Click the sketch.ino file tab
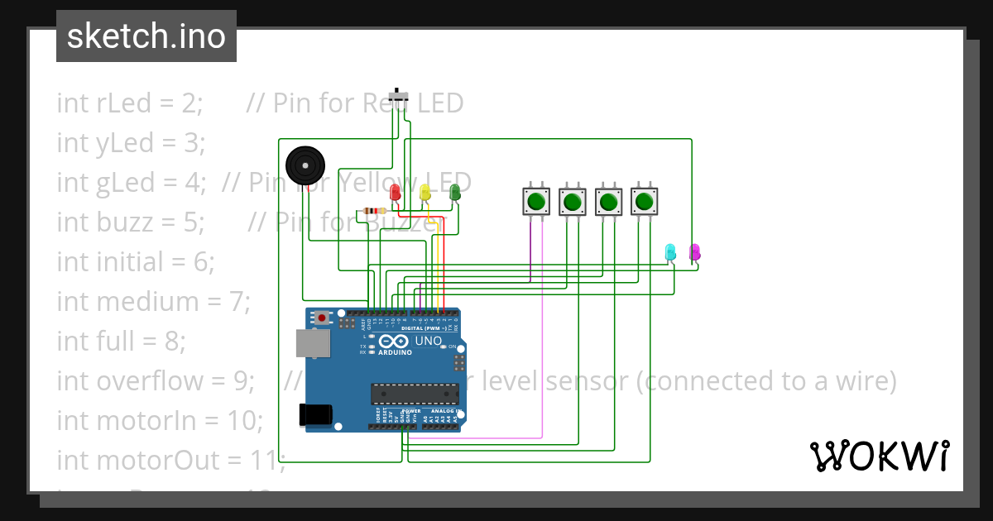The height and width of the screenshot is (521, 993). click(146, 36)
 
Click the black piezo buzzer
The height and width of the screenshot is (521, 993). click(305, 165)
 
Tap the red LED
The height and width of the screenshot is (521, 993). click(396, 192)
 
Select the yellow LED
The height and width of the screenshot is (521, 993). click(425, 192)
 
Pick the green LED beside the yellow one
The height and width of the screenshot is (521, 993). click(454, 192)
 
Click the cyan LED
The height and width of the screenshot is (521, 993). click(670, 251)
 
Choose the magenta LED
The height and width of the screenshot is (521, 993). click(694, 251)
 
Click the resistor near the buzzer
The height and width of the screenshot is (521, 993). click(375, 211)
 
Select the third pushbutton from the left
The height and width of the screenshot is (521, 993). click(609, 201)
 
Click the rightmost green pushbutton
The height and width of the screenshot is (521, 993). click(645, 201)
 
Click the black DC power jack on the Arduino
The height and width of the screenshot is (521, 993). click(316, 413)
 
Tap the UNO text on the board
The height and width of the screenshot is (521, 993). click(428, 341)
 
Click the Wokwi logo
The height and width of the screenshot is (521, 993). click(879, 456)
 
